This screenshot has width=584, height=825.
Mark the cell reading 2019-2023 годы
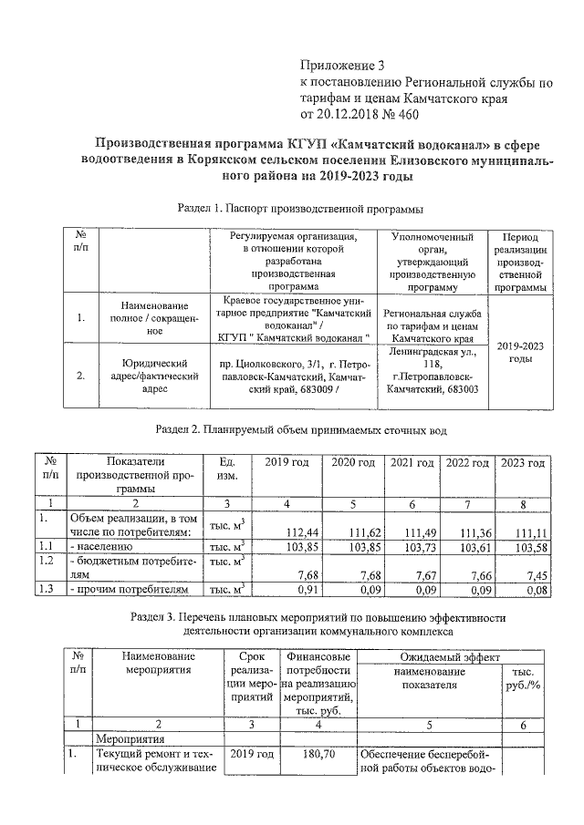(520, 352)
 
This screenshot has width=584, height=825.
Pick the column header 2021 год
(413, 463)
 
